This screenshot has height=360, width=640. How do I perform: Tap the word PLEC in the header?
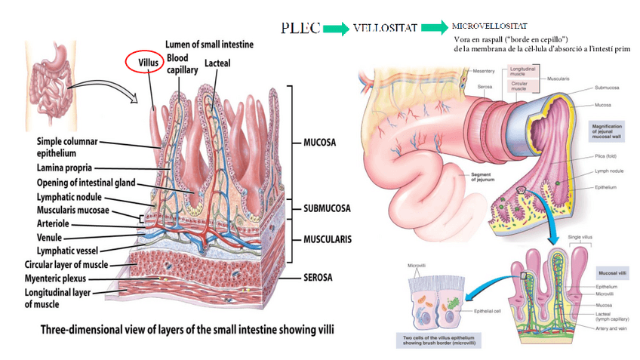[300, 28]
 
